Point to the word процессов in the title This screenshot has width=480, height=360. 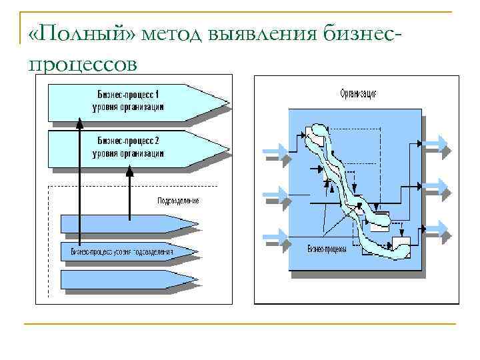(83, 63)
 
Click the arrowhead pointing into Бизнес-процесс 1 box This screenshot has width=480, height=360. (79, 124)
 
